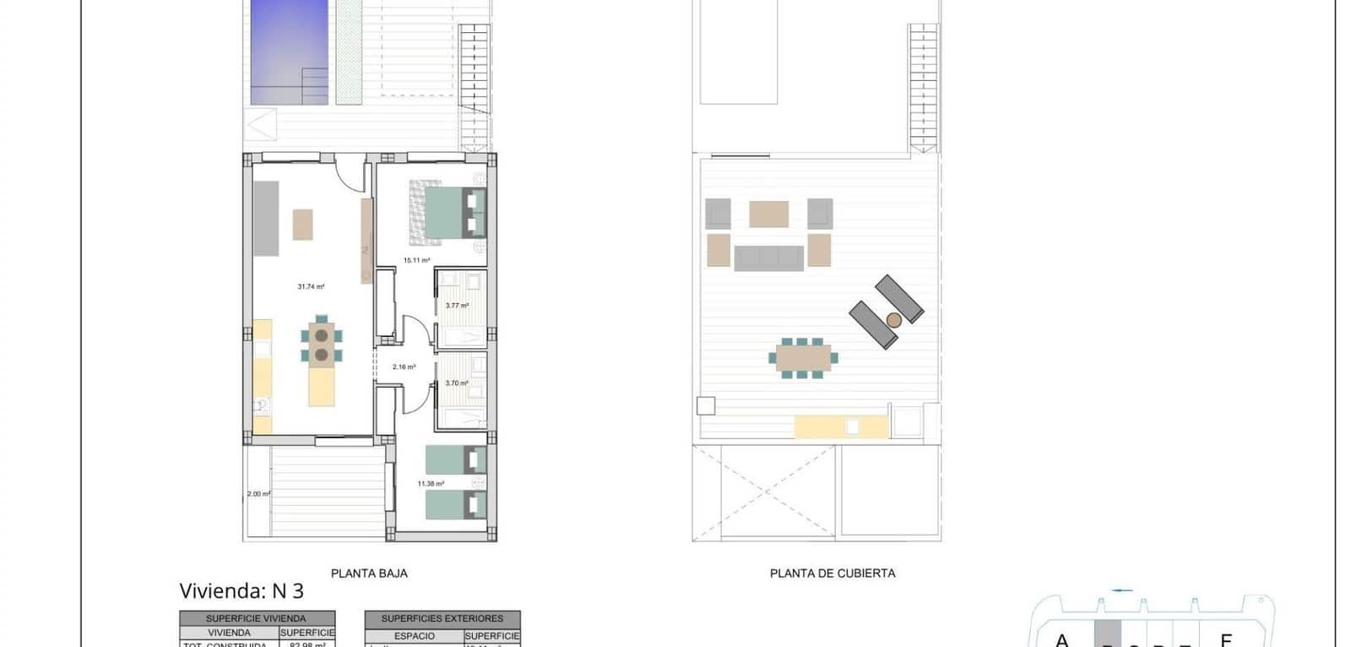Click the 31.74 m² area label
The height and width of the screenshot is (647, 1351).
(311, 287)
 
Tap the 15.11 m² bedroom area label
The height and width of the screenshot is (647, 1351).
(416, 261)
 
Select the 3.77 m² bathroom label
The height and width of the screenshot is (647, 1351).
(457, 306)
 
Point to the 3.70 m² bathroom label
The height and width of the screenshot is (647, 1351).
(457, 383)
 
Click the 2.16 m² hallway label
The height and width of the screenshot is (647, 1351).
(404, 367)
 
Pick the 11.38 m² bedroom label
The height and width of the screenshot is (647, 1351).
(431, 484)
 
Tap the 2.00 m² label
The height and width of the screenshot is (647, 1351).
(258, 494)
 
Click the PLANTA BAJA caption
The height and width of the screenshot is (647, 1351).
(369, 574)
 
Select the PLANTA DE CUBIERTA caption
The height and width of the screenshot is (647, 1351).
(833, 574)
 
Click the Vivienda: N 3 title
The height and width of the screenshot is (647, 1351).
(241, 591)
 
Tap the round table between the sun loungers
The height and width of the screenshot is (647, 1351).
(893, 319)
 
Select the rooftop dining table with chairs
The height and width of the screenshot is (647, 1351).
(803, 357)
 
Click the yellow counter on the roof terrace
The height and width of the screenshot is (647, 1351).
(841, 427)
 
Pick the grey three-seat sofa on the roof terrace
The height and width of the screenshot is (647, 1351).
(768, 258)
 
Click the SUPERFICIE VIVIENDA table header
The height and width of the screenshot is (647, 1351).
(257, 618)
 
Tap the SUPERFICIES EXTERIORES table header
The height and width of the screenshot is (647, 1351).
(442, 618)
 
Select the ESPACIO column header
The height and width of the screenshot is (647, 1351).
(415, 635)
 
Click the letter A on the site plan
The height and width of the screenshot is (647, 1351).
(1062, 640)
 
